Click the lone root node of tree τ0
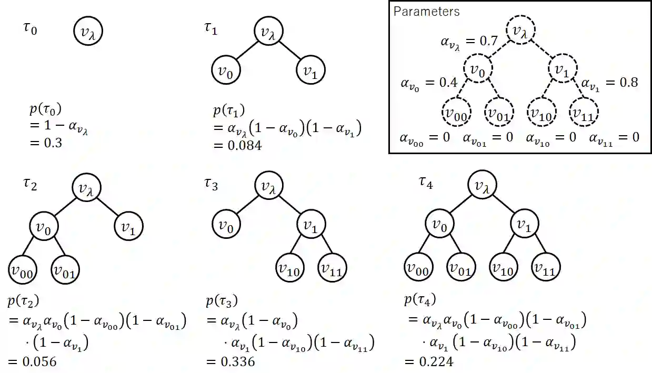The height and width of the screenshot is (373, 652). (x=87, y=33)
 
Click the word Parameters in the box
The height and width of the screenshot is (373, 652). (x=426, y=12)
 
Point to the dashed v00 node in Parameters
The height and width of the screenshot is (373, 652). (x=456, y=112)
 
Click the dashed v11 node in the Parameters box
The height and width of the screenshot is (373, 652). (x=584, y=112)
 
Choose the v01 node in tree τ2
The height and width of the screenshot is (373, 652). (x=65, y=270)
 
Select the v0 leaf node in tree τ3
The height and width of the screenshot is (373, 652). (x=226, y=226)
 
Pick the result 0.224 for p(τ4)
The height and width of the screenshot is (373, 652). (x=436, y=361)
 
